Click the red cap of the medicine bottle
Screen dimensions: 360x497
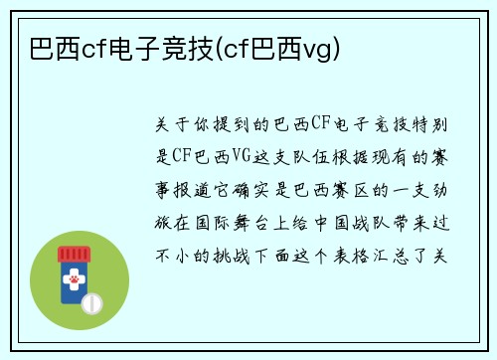pyautogui.click(x=78, y=254)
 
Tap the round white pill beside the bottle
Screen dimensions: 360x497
pyautogui.click(x=91, y=301)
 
